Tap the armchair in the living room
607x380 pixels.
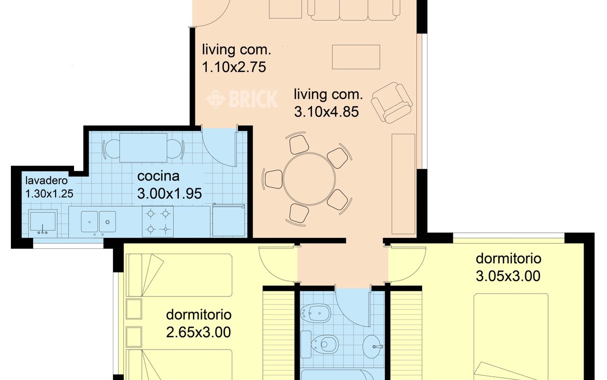coord(392,103)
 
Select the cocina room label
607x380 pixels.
coord(158,176)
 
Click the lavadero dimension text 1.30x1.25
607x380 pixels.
coord(49,194)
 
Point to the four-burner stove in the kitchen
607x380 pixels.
coord(158,221)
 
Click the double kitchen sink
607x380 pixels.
coord(98,222)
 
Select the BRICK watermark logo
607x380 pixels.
coord(242,99)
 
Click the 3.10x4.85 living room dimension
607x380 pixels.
coord(327,112)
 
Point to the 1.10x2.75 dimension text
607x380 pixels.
coord(234,67)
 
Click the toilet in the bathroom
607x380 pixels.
coord(324,344)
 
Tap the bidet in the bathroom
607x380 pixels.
coord(316,313)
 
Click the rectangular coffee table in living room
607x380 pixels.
coord(356,57)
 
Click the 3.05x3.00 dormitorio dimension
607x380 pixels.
coord(508,276)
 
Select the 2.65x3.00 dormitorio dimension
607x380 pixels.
coord(198,332)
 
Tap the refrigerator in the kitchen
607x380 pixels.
coord(229,220)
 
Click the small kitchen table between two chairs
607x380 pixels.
coord(143,148)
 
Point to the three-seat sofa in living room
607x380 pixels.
coord(354,10)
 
